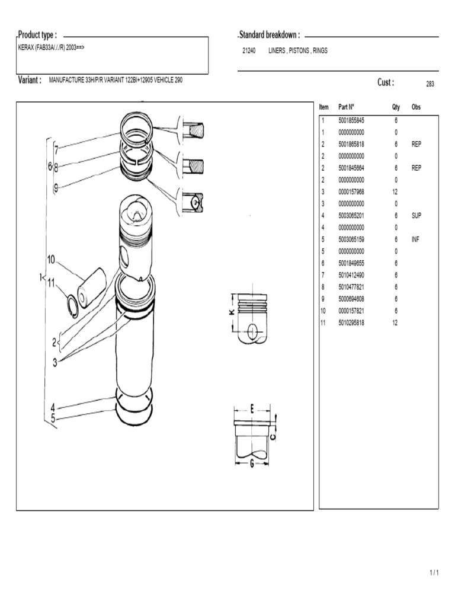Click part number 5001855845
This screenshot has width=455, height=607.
(351, 120)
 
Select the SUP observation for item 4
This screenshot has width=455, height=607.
(416, 216)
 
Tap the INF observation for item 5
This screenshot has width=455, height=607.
(415, 239)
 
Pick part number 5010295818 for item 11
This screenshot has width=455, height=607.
(351, 323)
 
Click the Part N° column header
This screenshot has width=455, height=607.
(346, 107)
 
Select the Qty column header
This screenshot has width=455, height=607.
(396, 107)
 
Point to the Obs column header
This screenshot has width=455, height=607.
(416, 107)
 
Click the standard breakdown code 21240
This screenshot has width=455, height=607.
(249, 51)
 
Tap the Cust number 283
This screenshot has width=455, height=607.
(430, 84)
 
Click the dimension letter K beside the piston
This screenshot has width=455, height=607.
(231, 313)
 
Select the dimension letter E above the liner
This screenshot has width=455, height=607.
(252, 409)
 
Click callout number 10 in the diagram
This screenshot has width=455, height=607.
(51, 259)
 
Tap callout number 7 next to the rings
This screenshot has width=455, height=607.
(56, 151)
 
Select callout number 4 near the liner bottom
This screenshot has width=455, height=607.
(53, 407)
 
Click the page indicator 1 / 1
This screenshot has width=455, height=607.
(434, 573)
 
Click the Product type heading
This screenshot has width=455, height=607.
(37, 35)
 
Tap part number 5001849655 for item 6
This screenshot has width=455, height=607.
(351, 263)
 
